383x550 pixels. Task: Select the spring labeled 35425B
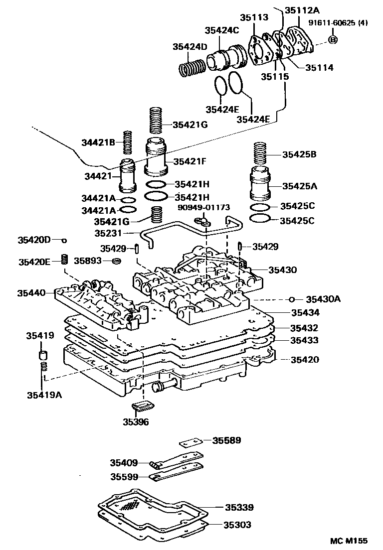click(262, 154)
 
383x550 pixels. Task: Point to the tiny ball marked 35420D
click(64, 240)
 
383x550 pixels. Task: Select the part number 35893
click(88, 260)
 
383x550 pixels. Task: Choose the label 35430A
click(323, 299)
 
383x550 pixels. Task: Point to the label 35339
click(239, 508)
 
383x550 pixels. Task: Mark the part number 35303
click(237, 525)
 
